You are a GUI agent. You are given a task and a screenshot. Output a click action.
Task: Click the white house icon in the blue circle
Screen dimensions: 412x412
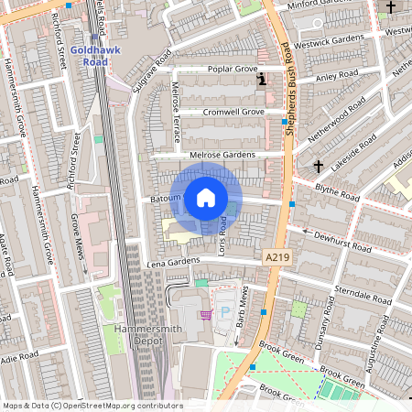(206, 197)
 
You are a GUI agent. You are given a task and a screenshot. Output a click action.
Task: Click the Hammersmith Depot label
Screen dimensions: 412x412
(138, 336)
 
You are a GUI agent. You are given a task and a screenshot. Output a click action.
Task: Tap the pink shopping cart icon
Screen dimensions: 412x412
(208, 315)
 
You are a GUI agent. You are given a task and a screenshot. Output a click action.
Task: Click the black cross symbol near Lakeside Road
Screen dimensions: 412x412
(319, 167)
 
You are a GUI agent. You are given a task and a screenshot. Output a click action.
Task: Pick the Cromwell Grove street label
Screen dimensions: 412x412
(233, 112)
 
